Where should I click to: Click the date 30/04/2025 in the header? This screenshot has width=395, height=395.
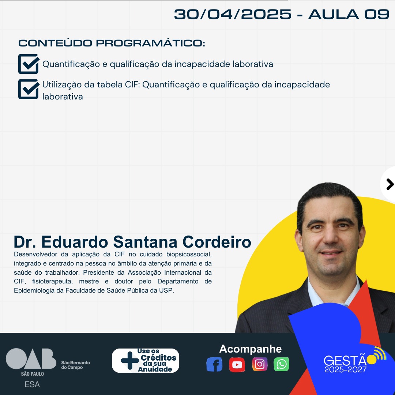pyautogui.click(x=233, y=14)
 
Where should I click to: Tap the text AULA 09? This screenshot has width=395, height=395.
pyautogui.click(x=349, y=14)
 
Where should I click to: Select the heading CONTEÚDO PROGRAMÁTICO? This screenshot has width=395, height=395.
pyautogui.click(x=112, y=43)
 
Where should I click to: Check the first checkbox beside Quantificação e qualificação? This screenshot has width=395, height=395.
pyautogui.click(x=29, y=64)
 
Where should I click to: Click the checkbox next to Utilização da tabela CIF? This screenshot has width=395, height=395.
pyautogui.click(x=29, y=89)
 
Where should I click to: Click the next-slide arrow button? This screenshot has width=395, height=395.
pyautogui.click(x=390, y=184)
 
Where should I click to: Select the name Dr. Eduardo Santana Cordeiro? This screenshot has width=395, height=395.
pyautogui.click(x=132, y=242)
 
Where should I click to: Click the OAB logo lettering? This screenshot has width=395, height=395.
pyautogui.click(x=31, y=358)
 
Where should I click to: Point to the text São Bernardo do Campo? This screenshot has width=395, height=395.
pyautogui.click(x=75, y=365)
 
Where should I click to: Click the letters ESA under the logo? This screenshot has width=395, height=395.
pyautogui.click(x=32, y=384)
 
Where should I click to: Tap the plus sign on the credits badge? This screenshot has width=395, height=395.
pyautogui.click(x=130, y=361)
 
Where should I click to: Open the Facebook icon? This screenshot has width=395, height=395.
pyautogui.click(x=214, y=364)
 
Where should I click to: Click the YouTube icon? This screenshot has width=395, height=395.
pyautogui.click(x=237, y=365)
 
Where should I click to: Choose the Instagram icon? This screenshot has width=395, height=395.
pyautogui.click(x=260, y=364)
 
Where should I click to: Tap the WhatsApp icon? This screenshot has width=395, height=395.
pyautogui.click(x=281, y=364)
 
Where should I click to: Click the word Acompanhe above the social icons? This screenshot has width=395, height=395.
pyautogui.click(x=251, y=349)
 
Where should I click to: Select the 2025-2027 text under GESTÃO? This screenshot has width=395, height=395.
pyautogui.click(x=345, y=369)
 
